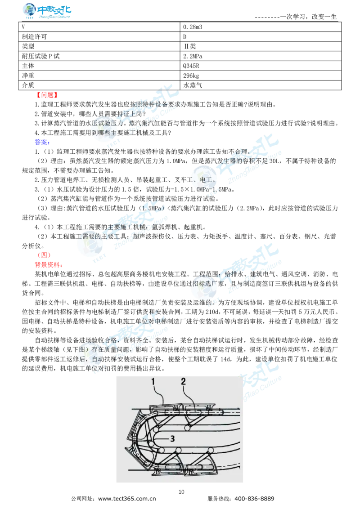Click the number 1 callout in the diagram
pyautogui.click(x=153, y=381)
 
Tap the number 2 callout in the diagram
pyautogui.click(x=183, y=381)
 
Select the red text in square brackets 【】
pyautogui.click(x=47, y=95)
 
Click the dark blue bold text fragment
pyautogui.click(x=41, y=142)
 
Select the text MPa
pyautogui.click(x=205, y=190)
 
